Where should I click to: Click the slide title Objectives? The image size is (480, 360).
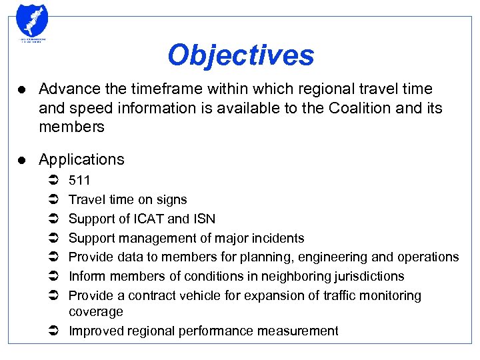pos(241,55)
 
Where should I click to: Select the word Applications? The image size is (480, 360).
pos(81,159)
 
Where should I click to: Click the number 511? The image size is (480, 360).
pos(79,180)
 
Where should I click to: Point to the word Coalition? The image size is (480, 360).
pos(359,108)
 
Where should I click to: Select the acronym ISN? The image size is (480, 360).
pos(203,219)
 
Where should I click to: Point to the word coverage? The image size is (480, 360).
pos(96,311)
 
